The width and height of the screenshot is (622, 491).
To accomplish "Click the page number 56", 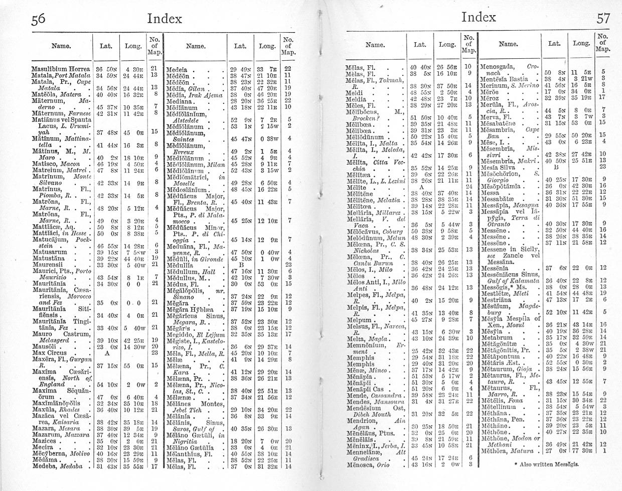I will [38, 19].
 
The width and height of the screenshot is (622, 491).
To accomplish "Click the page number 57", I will [603, 19].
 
